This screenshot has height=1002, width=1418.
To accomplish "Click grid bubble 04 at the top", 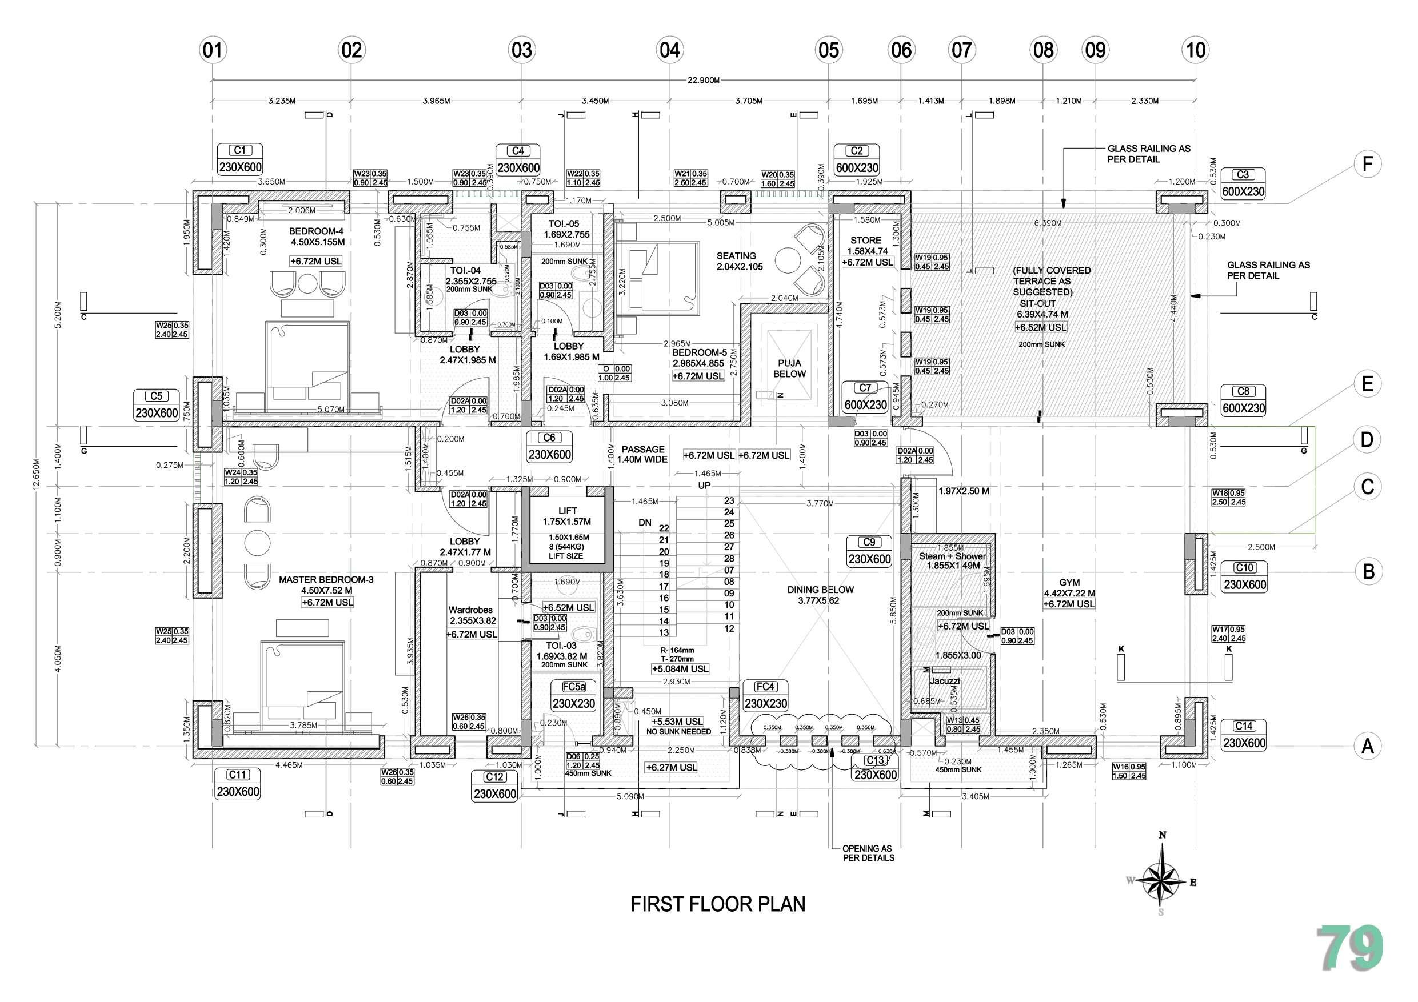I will (669, 50).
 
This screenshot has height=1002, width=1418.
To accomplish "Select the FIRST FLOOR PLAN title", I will (718, 904).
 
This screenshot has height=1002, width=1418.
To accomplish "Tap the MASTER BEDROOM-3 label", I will (326, 580).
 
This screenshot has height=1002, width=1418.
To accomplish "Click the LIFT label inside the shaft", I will (567, 511).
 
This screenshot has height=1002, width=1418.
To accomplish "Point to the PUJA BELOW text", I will (789, 368).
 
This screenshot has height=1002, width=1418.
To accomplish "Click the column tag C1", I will (240, 151).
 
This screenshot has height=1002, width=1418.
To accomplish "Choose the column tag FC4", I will (765, 687).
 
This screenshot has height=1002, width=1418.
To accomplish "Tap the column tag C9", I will (869, 542).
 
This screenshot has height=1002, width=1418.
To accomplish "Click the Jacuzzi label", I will (945, 681).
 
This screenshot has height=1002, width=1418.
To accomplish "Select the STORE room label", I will (866, 240).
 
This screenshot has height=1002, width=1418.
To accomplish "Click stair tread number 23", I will (729, 500).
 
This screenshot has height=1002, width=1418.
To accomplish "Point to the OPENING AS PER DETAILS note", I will (868, 853).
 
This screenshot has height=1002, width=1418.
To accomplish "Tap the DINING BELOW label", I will (820, 590).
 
